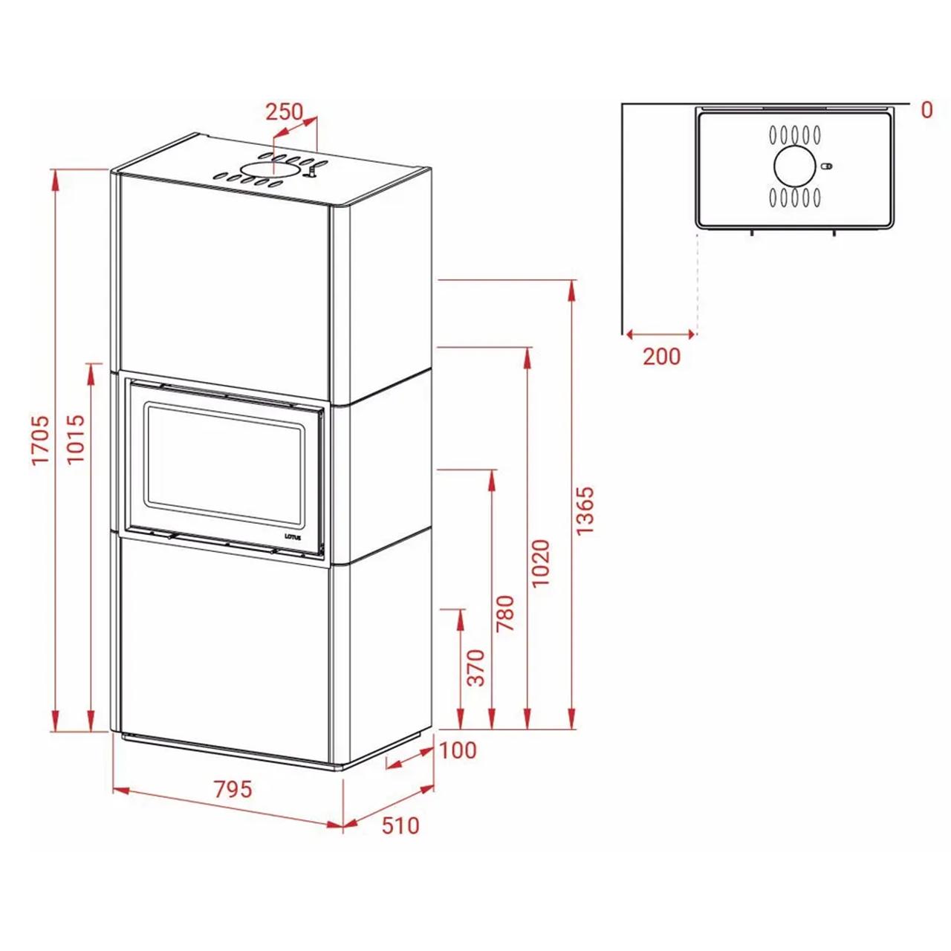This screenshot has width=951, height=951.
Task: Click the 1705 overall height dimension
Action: coord(41,440)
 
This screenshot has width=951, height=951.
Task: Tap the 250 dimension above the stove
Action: coord(285,111)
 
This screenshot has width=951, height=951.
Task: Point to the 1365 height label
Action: coord(585,510)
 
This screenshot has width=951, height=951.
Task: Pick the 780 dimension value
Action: coord(505,614)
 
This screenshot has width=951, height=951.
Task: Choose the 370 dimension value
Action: coord(477,668)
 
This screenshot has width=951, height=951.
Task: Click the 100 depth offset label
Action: coord(458,750)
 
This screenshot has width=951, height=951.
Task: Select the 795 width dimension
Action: coord(233,790)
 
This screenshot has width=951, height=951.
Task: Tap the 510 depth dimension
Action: coord(400,825)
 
